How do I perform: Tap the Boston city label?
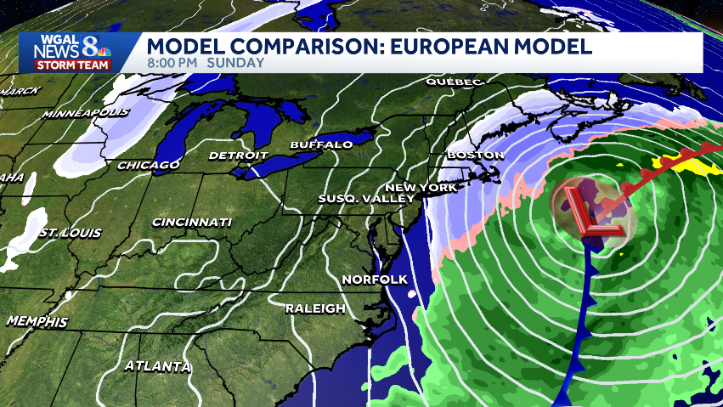pos(475,155)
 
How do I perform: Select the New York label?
pos(421,187)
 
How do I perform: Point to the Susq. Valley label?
pos(365,199)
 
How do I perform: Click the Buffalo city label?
pos(321,145)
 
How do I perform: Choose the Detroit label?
pos(238,156)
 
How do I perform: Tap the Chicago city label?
pos(149,165)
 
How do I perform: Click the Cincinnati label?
pos(191,223)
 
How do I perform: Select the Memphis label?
pos(37,322)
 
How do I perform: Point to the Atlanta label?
pos(157,367)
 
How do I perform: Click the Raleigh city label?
pos(315,308)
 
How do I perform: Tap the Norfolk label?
pos(375,280)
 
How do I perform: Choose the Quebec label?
pos(455,82)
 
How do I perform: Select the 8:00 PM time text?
pos(172,62)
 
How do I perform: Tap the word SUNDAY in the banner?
pos(234,62)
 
